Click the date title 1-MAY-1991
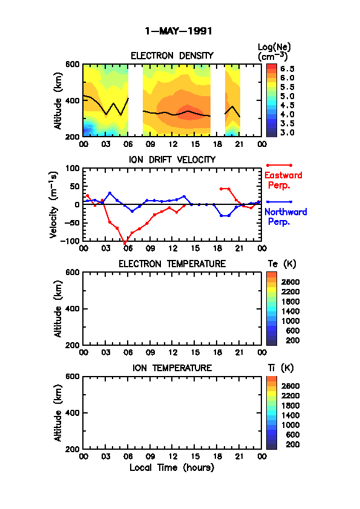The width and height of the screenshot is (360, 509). click(x=178, y=31)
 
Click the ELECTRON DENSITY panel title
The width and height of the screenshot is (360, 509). click(x=172, y=56)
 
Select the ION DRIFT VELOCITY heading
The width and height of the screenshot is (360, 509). click(x=172, y=160)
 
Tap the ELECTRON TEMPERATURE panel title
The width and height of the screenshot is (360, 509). click(x=172, y=264)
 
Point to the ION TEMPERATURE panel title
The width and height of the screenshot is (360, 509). click(x=172, y=368)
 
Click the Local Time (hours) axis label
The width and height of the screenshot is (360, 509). click(x=172, y=468)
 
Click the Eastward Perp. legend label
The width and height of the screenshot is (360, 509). click(x=283, y=180)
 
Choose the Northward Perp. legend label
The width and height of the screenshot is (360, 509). click(x=286, y=217)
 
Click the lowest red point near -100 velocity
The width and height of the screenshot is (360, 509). click(x=125, y=242)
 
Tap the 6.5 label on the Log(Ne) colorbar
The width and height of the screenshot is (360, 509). click(x=287, y=69)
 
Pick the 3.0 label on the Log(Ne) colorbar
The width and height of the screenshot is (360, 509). click(x=287, y=132)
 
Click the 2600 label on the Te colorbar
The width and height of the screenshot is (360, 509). click(x=290, y=282)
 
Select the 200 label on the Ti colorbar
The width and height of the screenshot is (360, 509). click(x=292, y=444)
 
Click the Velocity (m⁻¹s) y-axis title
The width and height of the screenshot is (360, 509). click(x=54, y=205)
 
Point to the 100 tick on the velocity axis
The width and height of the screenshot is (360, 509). click(x=72, y=168)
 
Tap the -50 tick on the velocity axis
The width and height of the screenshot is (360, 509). click(x=71, y=222)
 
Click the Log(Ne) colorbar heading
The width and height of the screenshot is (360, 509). click(x=274, y=52)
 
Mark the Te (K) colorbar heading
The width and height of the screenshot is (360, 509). click(x=282, y=264)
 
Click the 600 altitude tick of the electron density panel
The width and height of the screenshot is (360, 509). click(x=72, y=64)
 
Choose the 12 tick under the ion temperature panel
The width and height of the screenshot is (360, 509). click(x=172, y=456)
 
